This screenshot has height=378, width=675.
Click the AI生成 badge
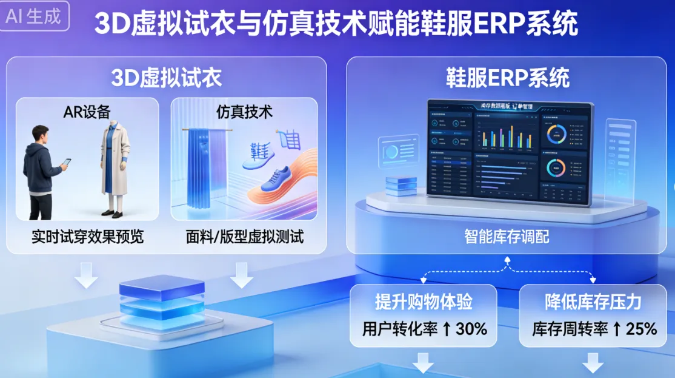click(x=34, y=16)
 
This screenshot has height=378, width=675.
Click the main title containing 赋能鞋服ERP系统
click(x=336, y=24)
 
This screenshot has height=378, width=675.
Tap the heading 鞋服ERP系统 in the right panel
click(x=508, y=78)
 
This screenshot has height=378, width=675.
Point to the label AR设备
click(x=87, y=112)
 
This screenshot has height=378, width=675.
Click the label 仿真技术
click(x=244, y=112)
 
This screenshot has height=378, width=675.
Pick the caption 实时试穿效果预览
click(x=87, y=237)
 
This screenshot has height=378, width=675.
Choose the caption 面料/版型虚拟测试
click(x=244, y=237)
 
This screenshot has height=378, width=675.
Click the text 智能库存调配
click(x=507, y=236)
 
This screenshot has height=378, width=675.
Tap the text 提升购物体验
click(x=423, y=302)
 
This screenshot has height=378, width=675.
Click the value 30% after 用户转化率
click(x=472, y=329)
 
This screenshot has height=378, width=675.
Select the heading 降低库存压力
click(x=593, y=302)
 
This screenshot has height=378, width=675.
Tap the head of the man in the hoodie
click(x=41, y=133)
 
